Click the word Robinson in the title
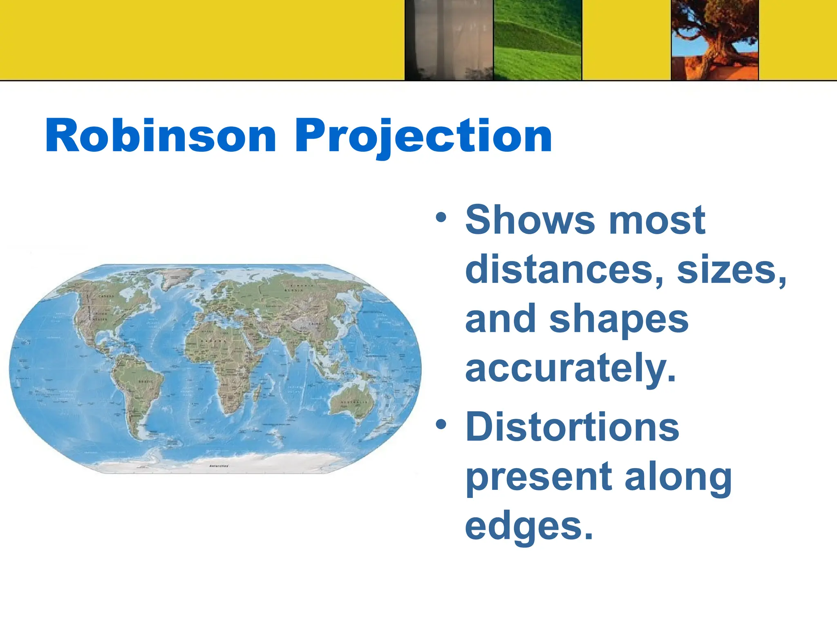tap(161, 136)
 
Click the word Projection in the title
tap(423, 136)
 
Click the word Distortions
tap(572, 427)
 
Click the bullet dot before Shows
tap(441, 217)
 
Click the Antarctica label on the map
tap(219, 466)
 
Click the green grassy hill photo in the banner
tap(537, 40)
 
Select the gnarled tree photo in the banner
tap(715, 40)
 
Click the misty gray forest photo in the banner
tap(449, 40)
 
